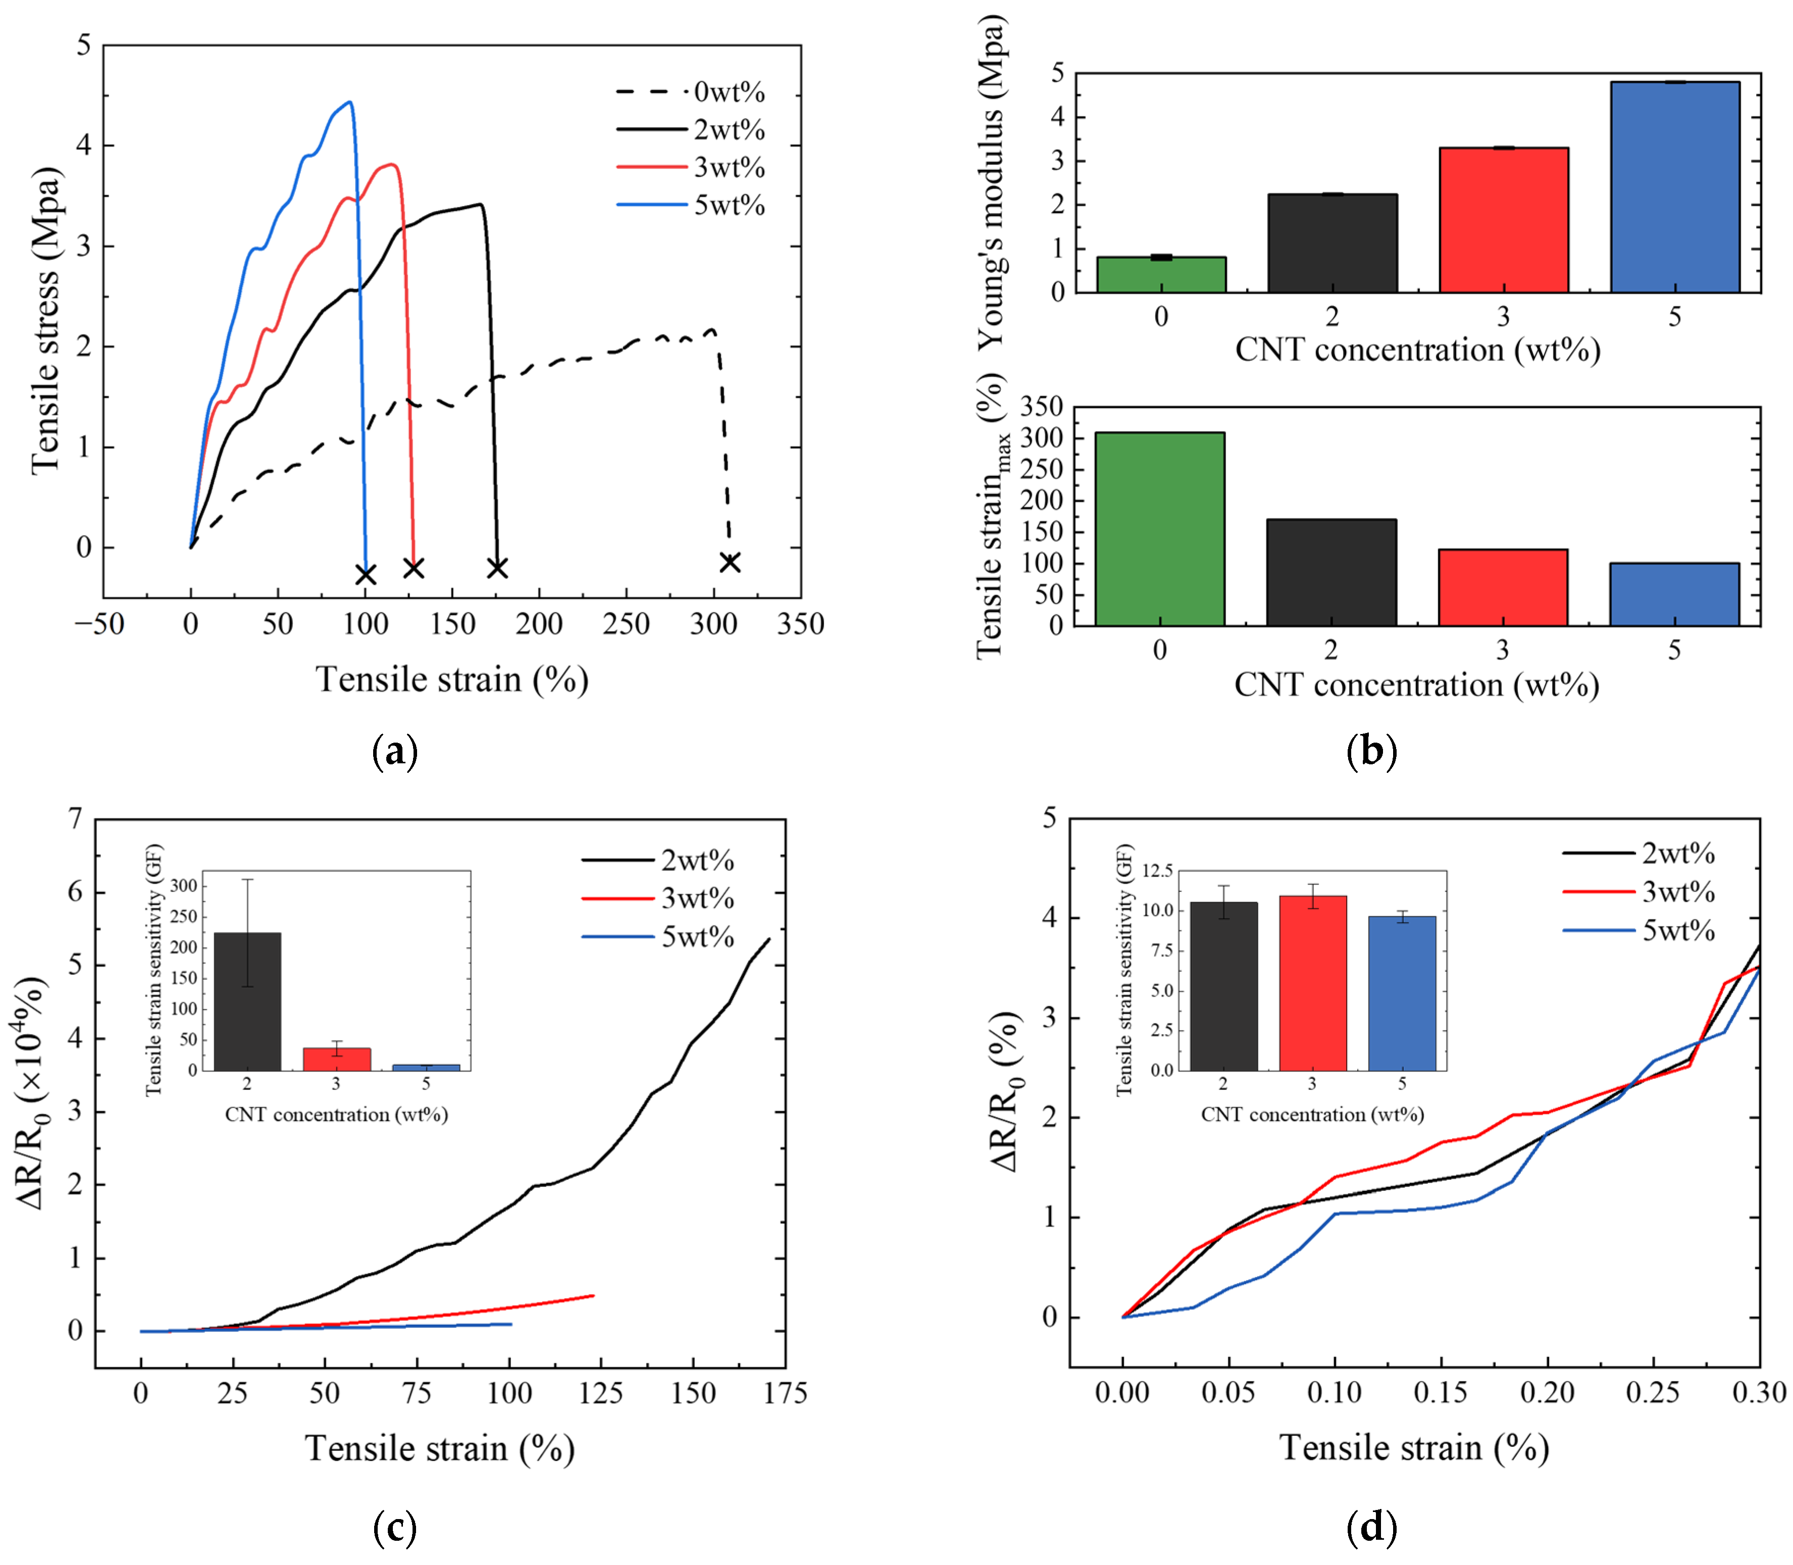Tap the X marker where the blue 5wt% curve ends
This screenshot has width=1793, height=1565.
tap(366, 574)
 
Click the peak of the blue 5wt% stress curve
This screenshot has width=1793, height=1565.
tap(349, 102)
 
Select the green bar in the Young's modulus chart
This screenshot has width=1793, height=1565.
tap(1161, 274)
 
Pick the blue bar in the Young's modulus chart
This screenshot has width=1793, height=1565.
tap(1674, 187)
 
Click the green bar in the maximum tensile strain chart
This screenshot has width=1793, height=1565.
tap(1160, 529)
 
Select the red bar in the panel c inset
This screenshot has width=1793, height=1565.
tap(336, 1059)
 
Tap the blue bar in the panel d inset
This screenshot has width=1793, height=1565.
tap(1402, 993)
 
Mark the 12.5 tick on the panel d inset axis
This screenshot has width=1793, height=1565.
tap(1158, 871)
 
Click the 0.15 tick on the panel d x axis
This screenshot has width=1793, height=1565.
tap(1441, 1392)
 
